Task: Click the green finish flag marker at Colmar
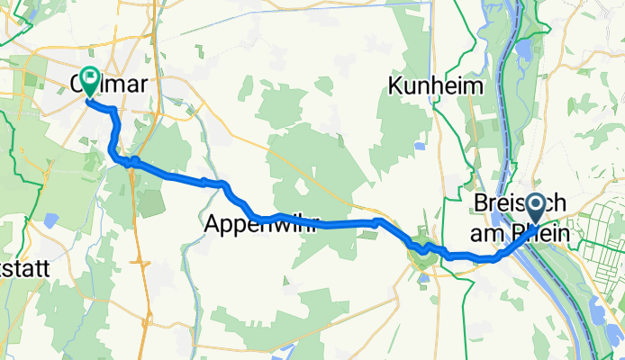click(x=90, y=79)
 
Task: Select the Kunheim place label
click(x=436, y=86)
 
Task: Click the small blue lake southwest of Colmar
click(x=50, y=219)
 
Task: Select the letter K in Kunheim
click(x=394, y=86)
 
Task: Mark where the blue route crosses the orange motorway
click(x=132, y=162)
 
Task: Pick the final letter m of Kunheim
click(x=476, y=86)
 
